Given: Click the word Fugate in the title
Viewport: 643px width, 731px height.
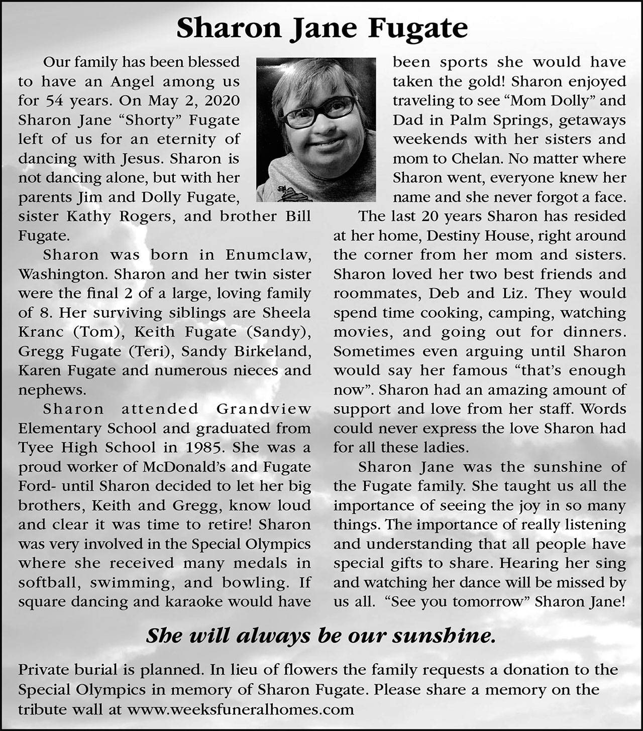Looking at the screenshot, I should [418, 28].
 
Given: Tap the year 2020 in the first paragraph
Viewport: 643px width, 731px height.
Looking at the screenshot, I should [222, 100].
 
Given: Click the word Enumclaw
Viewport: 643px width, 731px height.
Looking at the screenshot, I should [268, 255].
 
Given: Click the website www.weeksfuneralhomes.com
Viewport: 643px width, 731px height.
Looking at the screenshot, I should [241, 709].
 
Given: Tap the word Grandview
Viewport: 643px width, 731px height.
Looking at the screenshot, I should [263, 409].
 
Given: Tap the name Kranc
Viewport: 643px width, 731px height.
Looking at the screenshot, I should [42, 332].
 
